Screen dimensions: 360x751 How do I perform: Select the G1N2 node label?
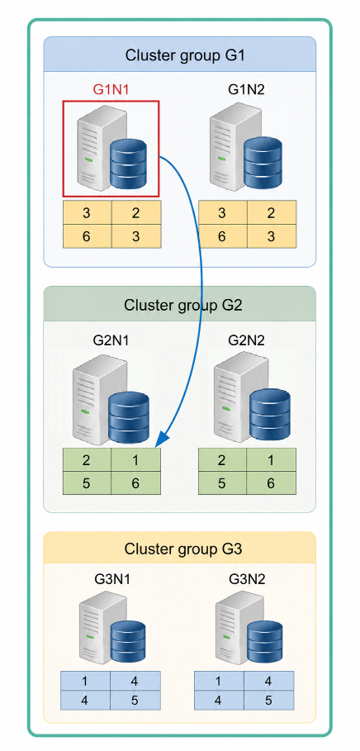coord(246,90)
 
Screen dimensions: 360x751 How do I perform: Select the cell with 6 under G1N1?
coord(87,236)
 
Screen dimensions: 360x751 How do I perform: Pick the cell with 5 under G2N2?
coord(222,483)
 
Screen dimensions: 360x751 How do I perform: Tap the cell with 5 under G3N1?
coord(135,701)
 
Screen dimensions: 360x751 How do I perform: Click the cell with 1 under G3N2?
coord(219,681)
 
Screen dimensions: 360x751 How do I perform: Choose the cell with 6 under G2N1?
coord(135,483)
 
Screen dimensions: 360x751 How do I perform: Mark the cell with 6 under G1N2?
coord(222,236)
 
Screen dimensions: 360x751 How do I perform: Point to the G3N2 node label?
coord(246,579)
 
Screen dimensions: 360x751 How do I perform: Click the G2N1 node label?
coord(111,340)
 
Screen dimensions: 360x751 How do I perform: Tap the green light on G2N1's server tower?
coord(85,412)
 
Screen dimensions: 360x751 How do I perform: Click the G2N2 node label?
coord(246,340)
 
